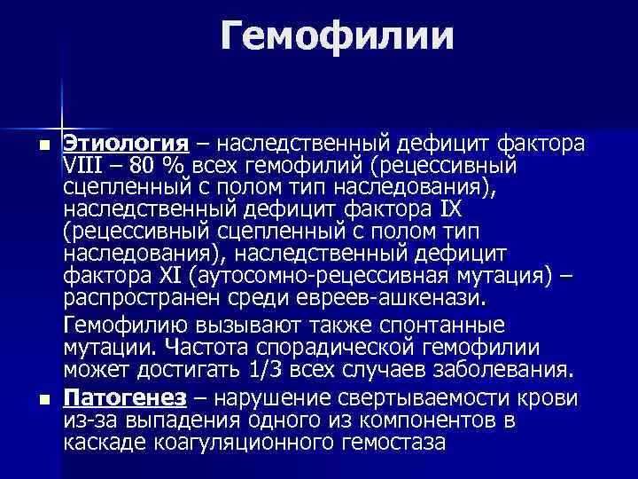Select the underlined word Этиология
coord(124,143)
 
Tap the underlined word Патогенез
coord(124,396)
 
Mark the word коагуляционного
coord(245,440)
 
